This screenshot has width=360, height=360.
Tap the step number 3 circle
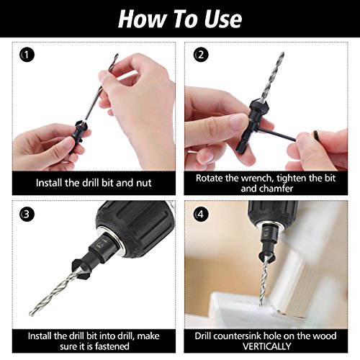click(x=27, y=214)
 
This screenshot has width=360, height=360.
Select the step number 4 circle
click(x=202, y=214)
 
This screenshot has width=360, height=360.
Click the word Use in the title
click(x=216, y=19)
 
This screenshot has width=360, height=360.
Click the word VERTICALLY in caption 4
click(x=271, y=347)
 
